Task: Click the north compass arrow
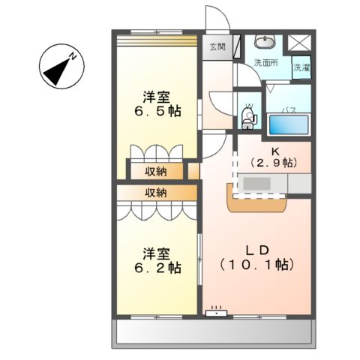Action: (x=60, y=66)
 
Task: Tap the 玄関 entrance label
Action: (x=217, y=47)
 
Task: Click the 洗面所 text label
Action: (x=265, y=63)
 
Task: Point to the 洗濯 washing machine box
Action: (x=301, y=67)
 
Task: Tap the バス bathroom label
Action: (x=287, y=109)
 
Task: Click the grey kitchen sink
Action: (x=259, y=183)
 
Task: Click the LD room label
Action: (x=256, y=250)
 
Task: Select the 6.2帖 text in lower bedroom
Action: (x=157, y=266)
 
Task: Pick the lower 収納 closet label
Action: (x=156, y=193)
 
